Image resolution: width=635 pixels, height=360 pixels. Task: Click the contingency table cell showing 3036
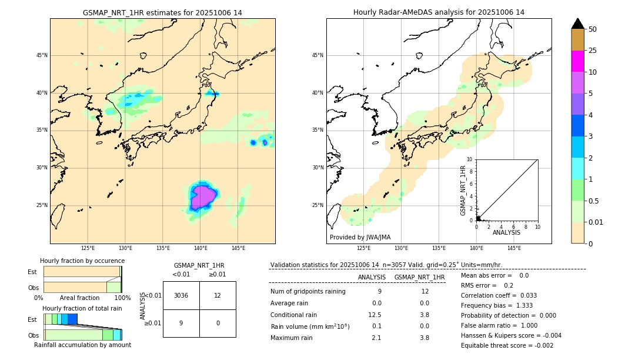click(181, 295)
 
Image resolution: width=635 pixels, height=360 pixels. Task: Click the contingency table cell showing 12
click(218, 295)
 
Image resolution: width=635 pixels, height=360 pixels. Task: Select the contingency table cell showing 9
click(181, 323)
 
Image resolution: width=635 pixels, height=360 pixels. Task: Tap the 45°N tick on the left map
click(42, 55)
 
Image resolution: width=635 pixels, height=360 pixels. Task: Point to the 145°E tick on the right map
click(514, 248)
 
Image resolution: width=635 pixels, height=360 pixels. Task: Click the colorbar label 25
click(593, 51)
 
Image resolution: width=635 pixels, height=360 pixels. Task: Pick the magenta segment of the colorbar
click(578, 61)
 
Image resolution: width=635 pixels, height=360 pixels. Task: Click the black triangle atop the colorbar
click(578, 24)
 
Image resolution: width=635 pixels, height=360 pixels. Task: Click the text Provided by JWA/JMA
click(360, 237)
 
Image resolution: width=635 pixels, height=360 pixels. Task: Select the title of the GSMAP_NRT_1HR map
click(162, 12)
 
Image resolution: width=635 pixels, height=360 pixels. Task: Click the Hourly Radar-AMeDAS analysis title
click(439, 12)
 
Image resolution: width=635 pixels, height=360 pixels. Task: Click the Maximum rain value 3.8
click(425, 338)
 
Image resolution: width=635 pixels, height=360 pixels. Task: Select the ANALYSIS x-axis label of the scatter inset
click(506, 233)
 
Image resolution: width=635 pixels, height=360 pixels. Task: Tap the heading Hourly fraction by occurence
click(82, 261)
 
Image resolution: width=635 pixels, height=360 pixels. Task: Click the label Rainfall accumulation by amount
click(82, 345)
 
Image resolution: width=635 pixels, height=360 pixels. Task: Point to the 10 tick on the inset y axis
click(470, 159)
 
